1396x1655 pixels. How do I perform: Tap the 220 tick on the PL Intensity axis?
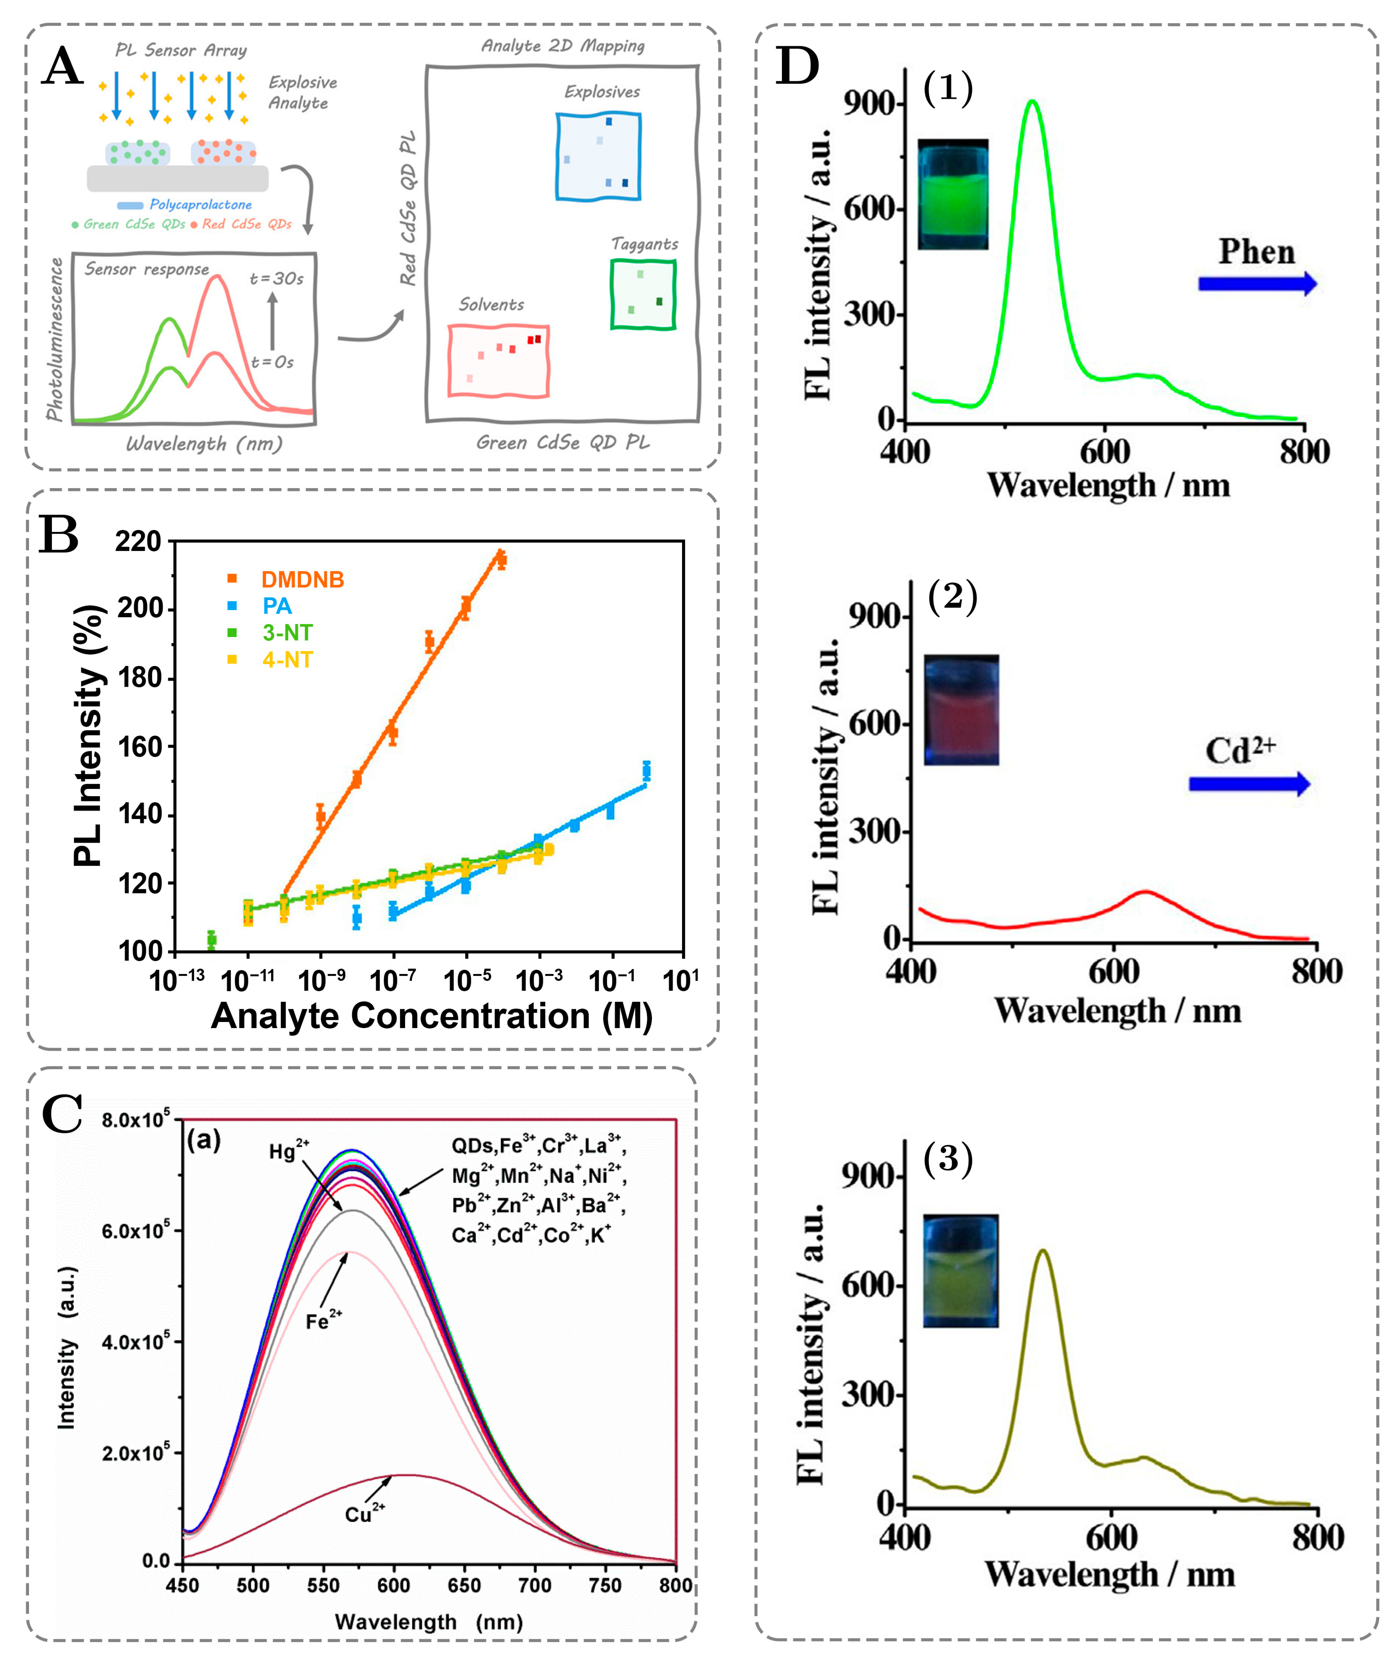click(139, 542)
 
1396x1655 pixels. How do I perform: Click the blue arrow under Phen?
click(1257, 283)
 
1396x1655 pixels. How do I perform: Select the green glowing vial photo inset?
click(953, 195)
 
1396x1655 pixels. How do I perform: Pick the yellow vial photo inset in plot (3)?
click(961, 1270)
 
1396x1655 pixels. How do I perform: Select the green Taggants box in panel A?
click(643, 295)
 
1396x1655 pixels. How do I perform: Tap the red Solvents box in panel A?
click(498, 360)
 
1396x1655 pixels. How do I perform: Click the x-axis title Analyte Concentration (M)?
click(431, 1016)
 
